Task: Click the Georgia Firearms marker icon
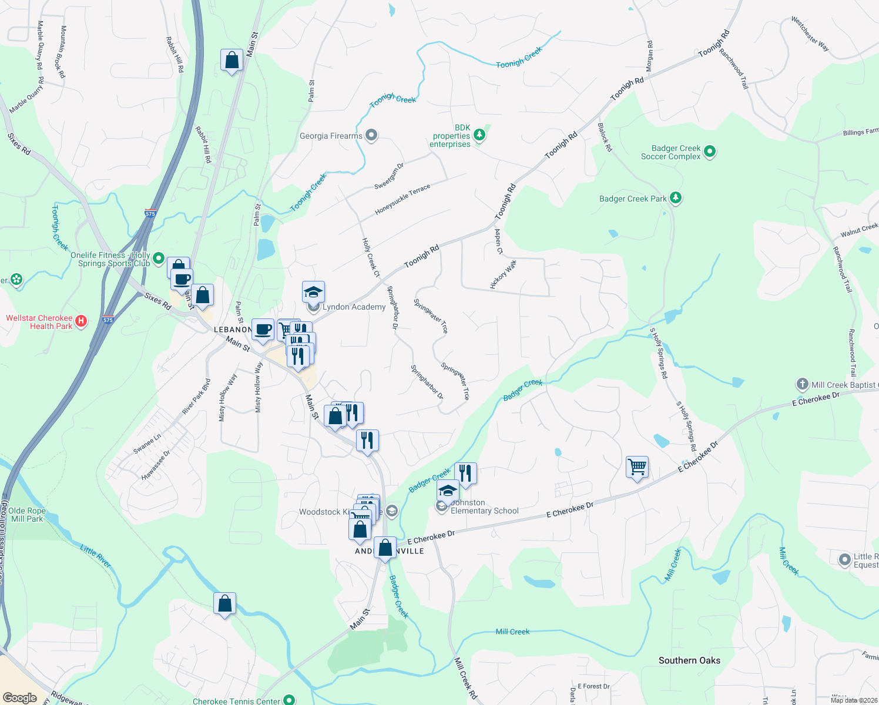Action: point(371,136)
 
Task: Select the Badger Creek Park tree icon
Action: point(676,198)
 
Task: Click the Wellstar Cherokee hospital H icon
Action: point(82,321)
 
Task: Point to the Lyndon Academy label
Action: point(354,307)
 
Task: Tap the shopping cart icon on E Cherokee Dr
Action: point(637,468)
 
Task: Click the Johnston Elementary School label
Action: point(484,507)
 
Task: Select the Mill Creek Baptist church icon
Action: point(802,385)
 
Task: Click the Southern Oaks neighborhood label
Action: point(689,660)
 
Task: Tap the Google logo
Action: point(20,697)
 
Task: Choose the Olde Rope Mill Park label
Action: point(27,515)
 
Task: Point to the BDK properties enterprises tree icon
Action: point(480,136)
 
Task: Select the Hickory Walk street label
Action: point(503,274)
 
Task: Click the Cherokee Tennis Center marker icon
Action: point(288,700)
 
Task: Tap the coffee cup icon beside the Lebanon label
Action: point(263,330)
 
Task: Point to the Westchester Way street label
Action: point(810,33)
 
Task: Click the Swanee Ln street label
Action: point(147,444)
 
